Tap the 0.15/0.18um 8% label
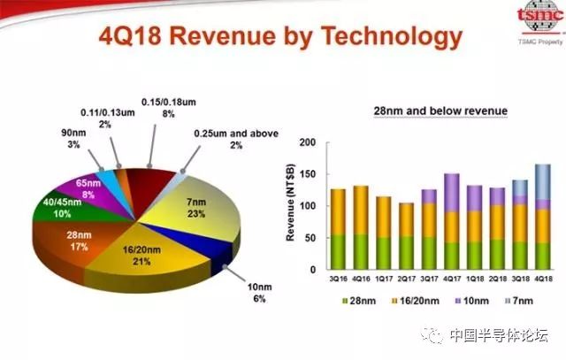point(164,106)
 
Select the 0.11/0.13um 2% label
point(106,119)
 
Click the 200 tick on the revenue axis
point(309,142)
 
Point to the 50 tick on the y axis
point(312,238)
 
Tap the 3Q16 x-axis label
point(337,280)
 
